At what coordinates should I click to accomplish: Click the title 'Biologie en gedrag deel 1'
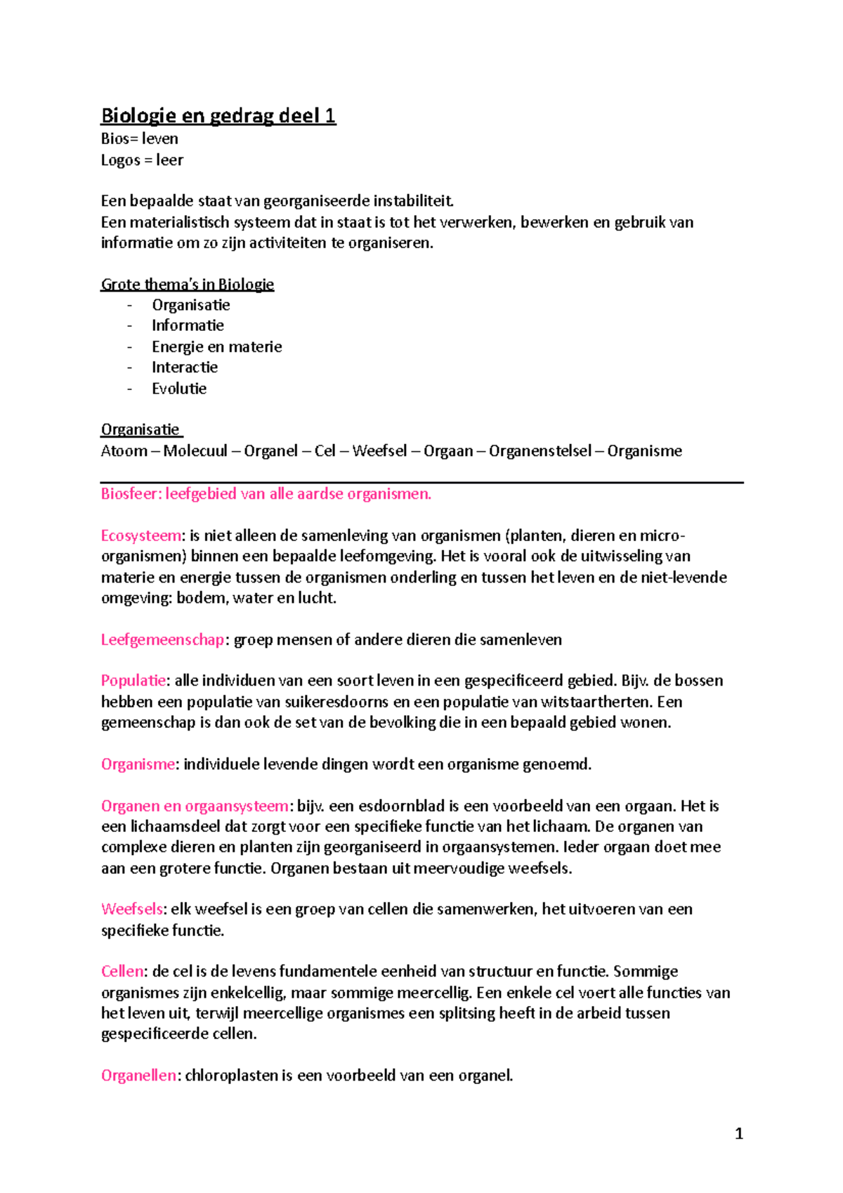point(218,116)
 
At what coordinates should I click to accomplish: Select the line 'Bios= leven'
point(139,139)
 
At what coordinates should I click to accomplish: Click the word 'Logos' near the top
point(120,161)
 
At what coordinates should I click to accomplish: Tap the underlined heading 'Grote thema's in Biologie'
point(187,285)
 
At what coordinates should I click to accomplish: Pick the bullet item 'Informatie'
point(188,325)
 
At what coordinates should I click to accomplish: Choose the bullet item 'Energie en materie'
point(216,346)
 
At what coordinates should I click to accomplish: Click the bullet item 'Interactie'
point(185,367)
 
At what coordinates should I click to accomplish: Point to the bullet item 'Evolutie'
point(179,389)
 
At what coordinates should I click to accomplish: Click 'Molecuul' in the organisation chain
point(195,451)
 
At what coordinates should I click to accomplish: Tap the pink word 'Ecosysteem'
point(141,536)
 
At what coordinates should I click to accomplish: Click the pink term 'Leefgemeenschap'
point(162,640)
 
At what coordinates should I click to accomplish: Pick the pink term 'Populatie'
point(133,681)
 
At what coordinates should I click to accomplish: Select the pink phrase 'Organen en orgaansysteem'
point(195,806)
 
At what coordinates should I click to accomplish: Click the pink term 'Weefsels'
point(132,909)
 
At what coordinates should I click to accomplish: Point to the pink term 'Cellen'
point(122,972)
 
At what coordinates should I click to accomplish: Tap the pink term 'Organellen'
point(138,1076)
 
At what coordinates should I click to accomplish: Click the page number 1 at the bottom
point(738,1133)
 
